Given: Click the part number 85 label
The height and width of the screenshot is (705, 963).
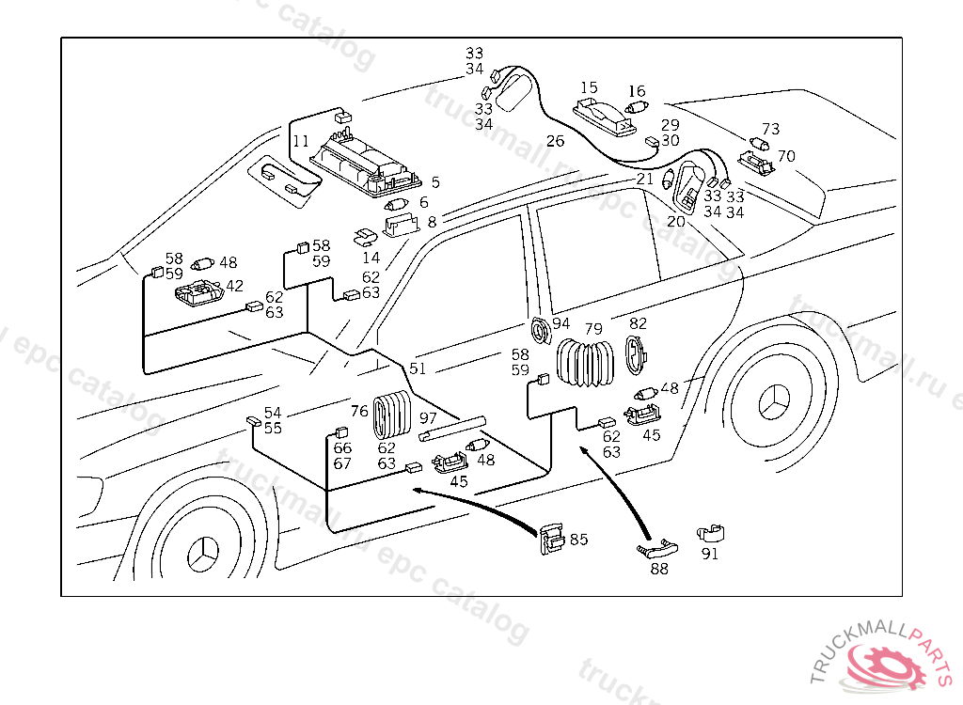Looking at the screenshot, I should click(x=578, y=540).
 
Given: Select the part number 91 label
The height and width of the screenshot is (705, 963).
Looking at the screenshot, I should click(x=710, y=554).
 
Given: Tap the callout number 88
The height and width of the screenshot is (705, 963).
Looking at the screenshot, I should click(x=659, y=569).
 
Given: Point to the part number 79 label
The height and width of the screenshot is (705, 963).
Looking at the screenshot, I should click(x=593, y=329).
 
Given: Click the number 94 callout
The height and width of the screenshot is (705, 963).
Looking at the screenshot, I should click(x=561, y=323).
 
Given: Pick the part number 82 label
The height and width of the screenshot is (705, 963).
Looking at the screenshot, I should click(x=638, y=323).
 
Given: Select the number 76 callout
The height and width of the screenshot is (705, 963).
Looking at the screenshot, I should click(x=359, y=411).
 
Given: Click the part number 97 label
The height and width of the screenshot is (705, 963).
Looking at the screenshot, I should click(x=428, y=417).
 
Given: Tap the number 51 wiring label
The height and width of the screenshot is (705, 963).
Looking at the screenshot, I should click(x=418, y=368).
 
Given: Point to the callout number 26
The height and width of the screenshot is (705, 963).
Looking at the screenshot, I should click(x=555, y=142).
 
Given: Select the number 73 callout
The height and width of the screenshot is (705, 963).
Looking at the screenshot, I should click(x=770, y=129).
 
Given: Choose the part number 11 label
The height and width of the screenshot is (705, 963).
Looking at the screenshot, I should click(x=300, y=142).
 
